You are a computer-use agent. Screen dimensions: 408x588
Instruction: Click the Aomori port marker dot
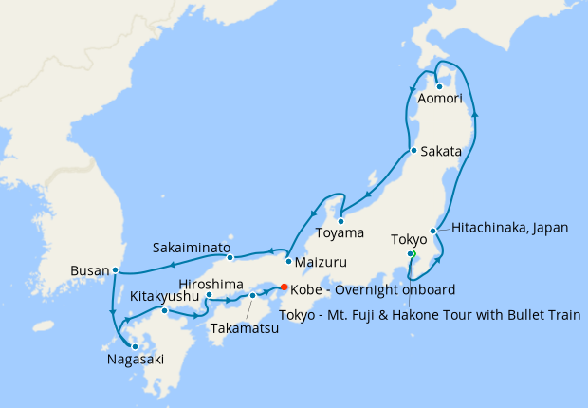[439, 86]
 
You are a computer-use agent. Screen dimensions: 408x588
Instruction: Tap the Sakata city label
[441, 151]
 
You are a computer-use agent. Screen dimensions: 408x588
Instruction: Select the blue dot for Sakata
[413, 151]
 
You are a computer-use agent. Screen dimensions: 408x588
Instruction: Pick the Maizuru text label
[322, 261]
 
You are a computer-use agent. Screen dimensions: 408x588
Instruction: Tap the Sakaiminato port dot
[230, 257]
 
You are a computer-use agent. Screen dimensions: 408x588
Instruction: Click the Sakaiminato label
[193, 248]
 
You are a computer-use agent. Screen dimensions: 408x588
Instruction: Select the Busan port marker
[115, 270]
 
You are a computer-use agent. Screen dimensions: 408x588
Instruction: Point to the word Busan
[90, 270]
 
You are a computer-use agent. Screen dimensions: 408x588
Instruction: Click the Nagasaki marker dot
[135, 346]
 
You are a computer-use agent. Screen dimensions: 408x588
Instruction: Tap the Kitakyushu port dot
[164, 310]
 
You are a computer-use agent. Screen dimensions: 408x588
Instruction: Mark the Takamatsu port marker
[252, 296]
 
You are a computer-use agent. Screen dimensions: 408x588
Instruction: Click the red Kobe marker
[285, 288]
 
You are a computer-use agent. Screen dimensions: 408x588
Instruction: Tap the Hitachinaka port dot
[433, 231]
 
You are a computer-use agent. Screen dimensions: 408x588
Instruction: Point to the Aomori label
[439, 100]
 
